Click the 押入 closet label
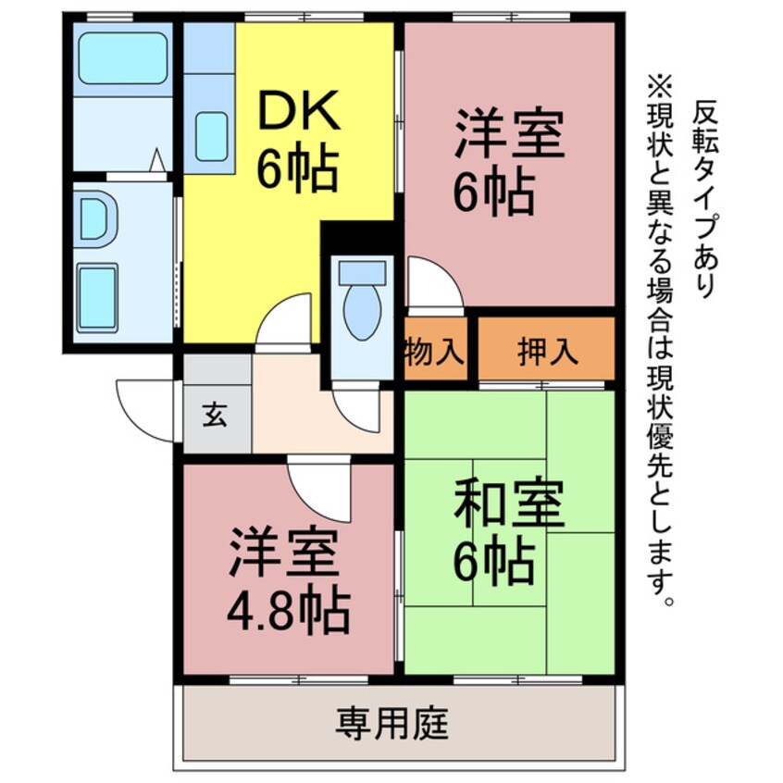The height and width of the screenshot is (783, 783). tap(546, 351)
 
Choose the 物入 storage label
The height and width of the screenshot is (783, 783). tap(433, 351)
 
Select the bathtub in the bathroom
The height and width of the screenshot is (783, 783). tap(122, 57)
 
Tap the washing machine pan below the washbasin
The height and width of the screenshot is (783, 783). tap(96, 296)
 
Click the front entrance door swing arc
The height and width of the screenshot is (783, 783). tap(143, 408)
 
